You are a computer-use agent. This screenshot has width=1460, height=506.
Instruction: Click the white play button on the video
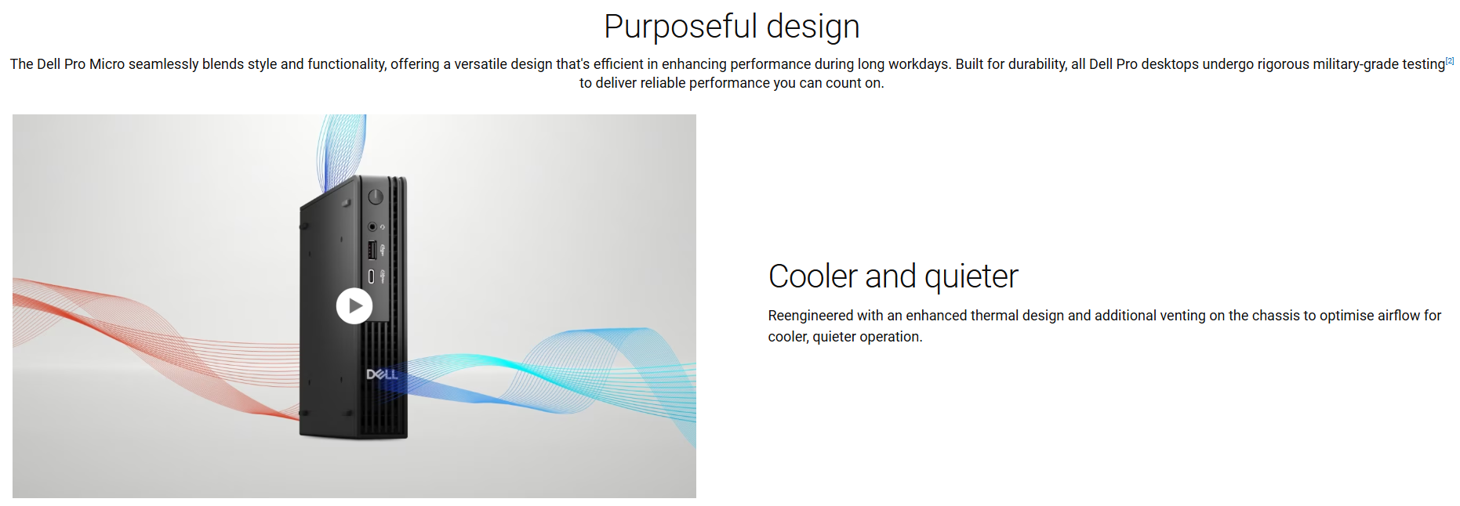354,306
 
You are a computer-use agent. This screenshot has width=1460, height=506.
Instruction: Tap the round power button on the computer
376,197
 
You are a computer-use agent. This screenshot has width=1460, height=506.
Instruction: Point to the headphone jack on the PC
372,226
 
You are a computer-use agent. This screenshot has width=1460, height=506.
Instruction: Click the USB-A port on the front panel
372,250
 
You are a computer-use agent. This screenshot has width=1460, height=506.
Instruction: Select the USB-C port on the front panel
371,276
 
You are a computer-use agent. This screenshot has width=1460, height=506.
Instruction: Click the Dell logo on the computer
382,374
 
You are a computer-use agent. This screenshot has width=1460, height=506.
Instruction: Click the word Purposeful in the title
681,27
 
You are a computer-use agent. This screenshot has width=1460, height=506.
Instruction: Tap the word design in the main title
813,27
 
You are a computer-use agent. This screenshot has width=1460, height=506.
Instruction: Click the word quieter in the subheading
972,277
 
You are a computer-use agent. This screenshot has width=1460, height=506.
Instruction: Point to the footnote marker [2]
1450,60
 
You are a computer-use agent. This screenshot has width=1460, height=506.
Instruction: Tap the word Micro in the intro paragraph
107,64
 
